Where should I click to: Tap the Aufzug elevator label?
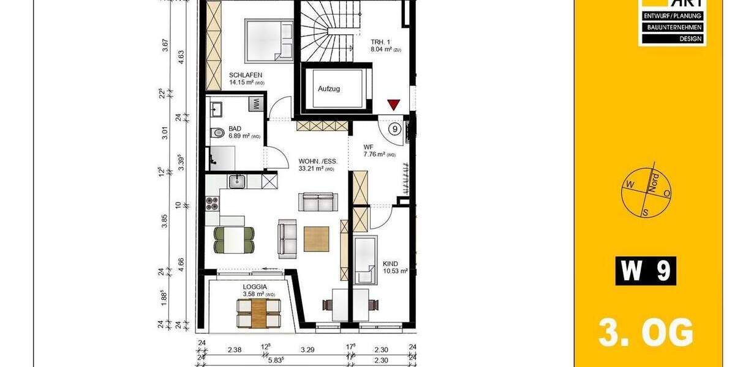328,89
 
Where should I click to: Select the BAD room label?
235,128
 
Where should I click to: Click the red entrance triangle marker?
393,105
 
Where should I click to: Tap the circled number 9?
395,128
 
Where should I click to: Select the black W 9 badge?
646,271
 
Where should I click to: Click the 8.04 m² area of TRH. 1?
383,49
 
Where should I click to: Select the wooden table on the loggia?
258,313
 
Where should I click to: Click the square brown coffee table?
316,239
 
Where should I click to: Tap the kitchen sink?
236,181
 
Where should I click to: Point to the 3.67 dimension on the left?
165,46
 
